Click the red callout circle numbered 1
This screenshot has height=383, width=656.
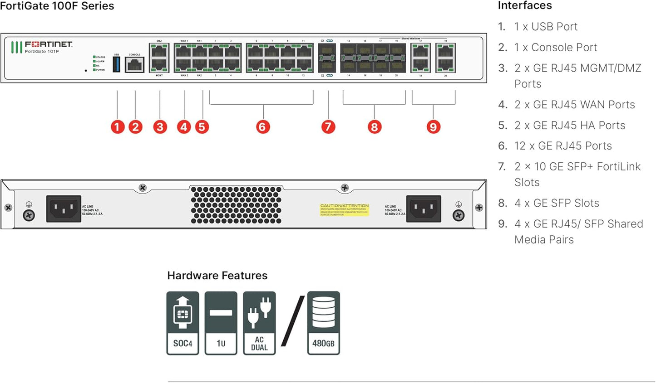pos(117,127)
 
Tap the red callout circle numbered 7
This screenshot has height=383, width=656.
pos(328,127)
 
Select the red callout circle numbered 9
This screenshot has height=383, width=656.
pos(433,127)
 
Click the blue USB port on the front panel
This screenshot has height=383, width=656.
pos(116,64)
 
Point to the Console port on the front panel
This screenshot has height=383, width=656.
pos(134,65)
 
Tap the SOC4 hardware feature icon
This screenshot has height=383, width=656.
pos(182,323)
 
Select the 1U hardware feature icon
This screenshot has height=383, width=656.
pos(221,323)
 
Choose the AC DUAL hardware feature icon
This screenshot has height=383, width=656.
pos(259,323)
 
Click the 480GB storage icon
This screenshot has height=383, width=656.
pos(323,323)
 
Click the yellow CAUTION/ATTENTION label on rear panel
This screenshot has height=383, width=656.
pos(345,209)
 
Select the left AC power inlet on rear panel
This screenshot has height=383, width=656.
pos(64,209)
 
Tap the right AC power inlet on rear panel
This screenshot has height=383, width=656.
pos(423,209)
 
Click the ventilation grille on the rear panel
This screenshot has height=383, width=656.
pos(236,205)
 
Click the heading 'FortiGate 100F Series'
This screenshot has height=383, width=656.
pos(57,6)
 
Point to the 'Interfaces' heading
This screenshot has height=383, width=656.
pos(525,5)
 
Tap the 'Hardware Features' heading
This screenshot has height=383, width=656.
pos(217,276)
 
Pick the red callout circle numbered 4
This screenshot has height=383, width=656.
pos(184,127)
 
